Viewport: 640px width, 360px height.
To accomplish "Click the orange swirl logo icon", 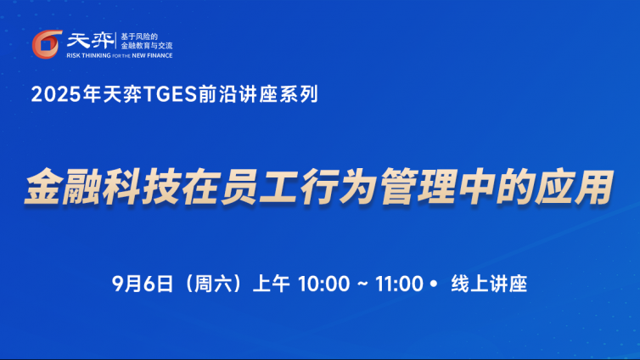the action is [x=47, y=44].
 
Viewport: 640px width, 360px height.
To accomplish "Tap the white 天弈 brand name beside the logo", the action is [x=91, y=41].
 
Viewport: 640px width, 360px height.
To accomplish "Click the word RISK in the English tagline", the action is [x=74, y=55].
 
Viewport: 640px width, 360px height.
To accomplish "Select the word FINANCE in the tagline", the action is [x=160, y=55].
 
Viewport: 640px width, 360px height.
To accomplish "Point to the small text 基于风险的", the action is [x=139, y=37].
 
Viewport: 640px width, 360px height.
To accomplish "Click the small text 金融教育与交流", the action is [x=147, y=46].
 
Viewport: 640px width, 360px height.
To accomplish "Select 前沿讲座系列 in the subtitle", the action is [x=258, y=94].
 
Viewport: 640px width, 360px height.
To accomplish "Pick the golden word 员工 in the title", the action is [x=259, y=187].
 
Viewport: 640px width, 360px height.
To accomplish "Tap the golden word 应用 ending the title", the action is [x=575, y=187].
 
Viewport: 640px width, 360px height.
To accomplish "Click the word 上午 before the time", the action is [x=272, y=284].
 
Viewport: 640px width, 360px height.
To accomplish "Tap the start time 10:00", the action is [x=324, y=284].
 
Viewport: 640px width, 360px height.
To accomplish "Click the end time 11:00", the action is [x=399, y=284].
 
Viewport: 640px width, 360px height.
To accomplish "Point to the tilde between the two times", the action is [x=362, y=284].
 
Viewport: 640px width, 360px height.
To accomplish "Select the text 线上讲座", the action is [x=489, y=284].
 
